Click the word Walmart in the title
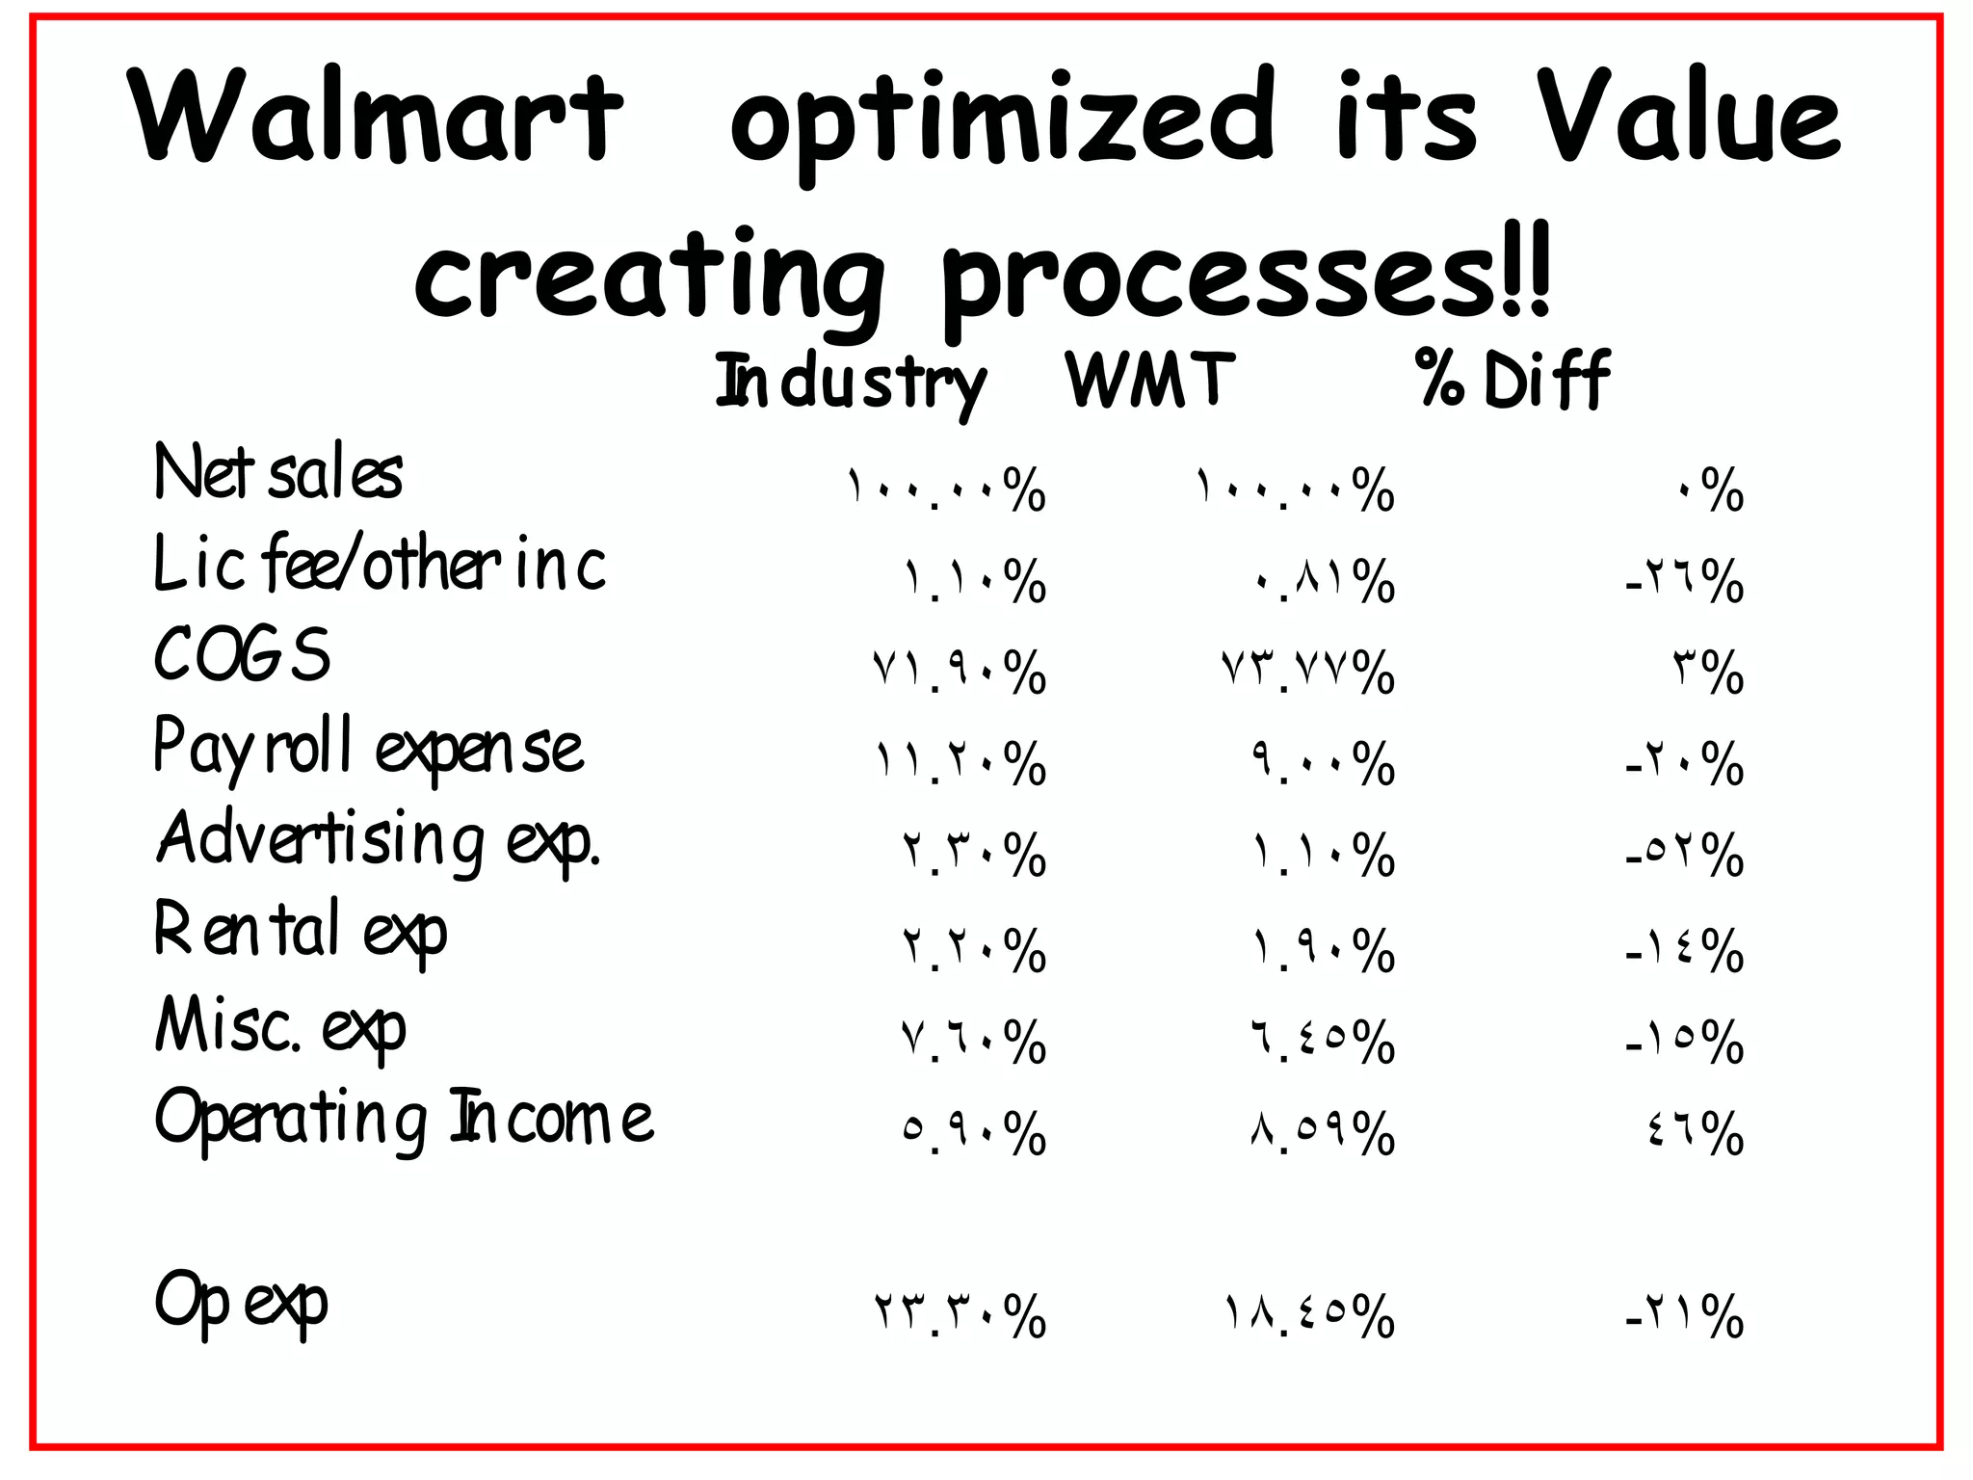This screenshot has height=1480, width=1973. click(376, 118)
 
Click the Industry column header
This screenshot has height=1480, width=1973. click(851, 383)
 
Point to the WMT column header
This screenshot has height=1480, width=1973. click(1149, 380)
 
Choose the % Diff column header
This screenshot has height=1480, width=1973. click(1513, 380)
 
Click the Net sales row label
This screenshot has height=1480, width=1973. click(277, 473)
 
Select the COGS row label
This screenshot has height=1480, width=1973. click(242, 654)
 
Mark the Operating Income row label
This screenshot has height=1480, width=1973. click(404, 1119)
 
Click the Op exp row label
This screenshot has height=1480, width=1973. click(241, 1301)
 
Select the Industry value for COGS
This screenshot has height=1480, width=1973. click(959, 672)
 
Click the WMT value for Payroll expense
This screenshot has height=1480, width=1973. click(1323, 763)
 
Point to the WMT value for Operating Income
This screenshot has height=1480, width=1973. click(1323, 1132)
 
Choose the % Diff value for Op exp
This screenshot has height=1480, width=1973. click(1684, 1315)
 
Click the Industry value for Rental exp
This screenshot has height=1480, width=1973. click(974, 950)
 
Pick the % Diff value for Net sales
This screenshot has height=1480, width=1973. click(1710, 490)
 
